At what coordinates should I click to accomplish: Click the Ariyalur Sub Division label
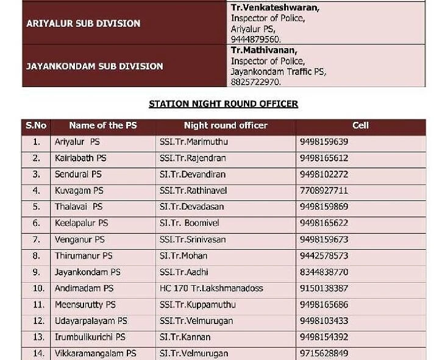click(84, 24)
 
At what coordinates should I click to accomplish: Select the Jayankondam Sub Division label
click(94, 66)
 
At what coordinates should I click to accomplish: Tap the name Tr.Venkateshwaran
click(275, 8)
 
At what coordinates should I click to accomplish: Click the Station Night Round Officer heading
click(223, 104)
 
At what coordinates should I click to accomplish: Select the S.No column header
click(36, 126)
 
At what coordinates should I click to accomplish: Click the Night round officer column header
click(226, 126)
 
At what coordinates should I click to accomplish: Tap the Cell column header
click(360, 126)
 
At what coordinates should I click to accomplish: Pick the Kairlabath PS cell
click(80, 158)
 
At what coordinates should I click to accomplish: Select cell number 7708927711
click(324, 191)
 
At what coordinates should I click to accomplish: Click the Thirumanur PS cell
click(84, 256)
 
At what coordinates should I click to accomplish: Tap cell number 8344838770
click(324, 272)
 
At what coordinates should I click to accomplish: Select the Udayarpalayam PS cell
click(91, 321)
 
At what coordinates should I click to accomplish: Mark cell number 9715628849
click(324, 353)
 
